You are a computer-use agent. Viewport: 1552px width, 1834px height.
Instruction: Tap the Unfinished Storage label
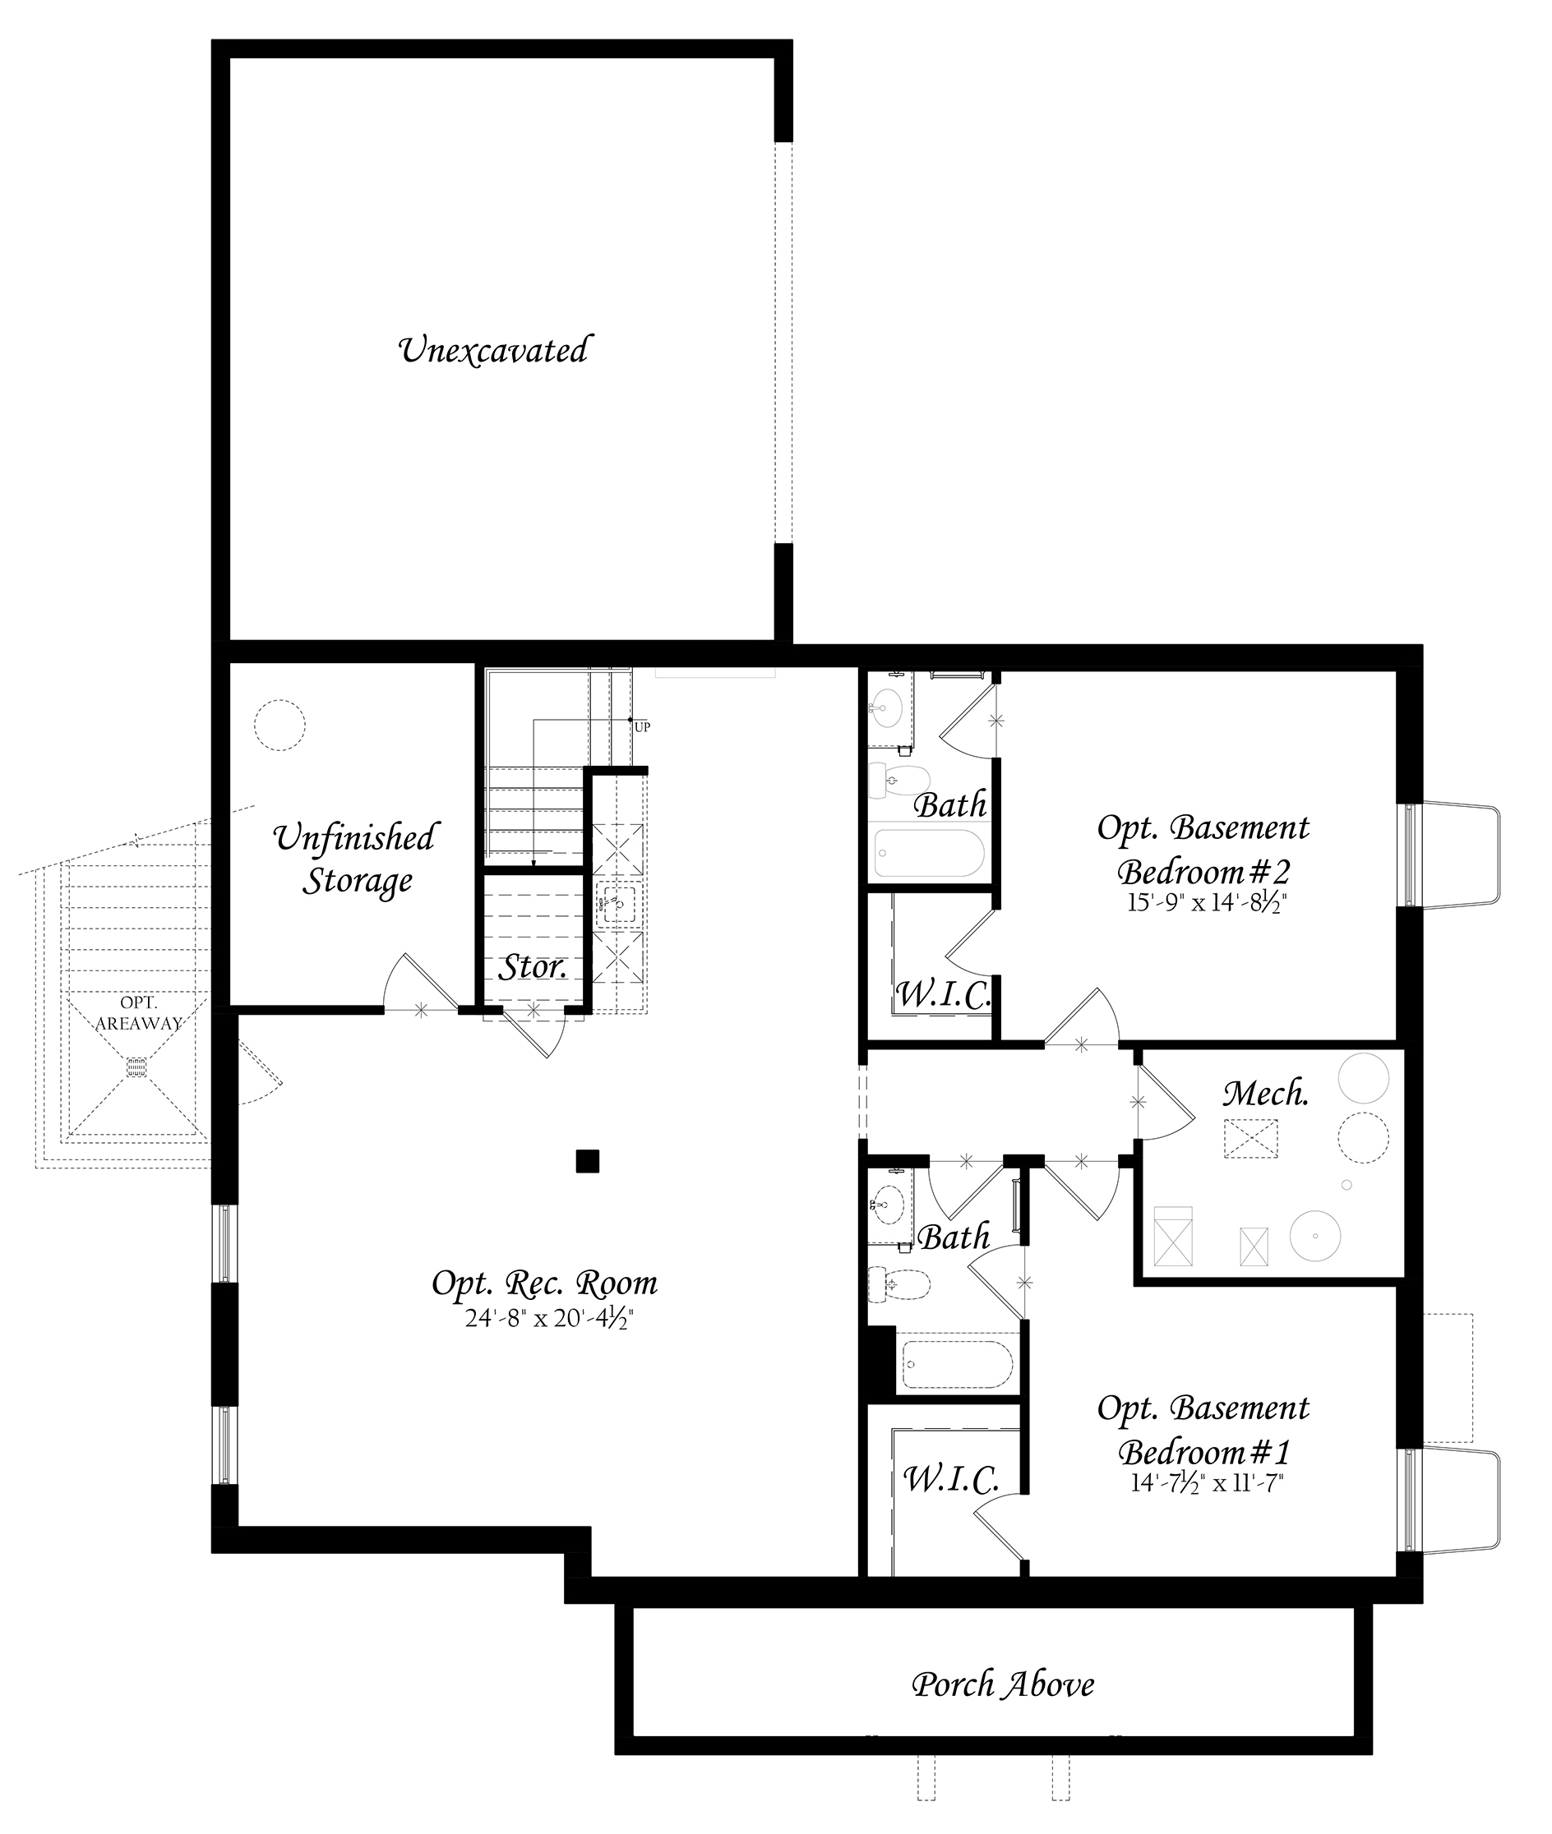point(354,859)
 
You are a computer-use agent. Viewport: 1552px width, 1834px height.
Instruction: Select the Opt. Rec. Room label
point(545,1283)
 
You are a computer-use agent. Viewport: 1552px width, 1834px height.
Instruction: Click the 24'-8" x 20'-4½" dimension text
point(549,1320)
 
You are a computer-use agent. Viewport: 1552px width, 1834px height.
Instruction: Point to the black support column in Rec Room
point(588,1162)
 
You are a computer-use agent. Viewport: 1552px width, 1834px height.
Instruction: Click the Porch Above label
point(1003,1684)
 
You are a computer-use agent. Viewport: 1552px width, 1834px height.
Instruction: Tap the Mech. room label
point(1266,1094)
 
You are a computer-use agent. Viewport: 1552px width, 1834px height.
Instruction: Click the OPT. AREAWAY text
point(138,1013)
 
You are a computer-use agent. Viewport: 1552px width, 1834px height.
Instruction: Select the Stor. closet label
point(533,968)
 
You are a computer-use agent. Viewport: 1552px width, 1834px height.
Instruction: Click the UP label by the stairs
point(642,727)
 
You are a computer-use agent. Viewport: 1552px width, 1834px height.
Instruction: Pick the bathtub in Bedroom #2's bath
point(929,852)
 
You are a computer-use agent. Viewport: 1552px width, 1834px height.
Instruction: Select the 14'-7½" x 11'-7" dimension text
point(1207,1483)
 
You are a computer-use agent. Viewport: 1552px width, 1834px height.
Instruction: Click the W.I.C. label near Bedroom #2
point(943,995)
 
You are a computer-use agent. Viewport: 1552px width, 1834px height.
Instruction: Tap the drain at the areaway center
point(136,1067)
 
